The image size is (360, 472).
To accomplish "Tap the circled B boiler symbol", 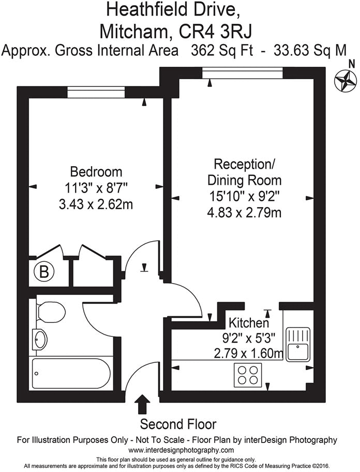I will pyautogui.click(x=44, y=271).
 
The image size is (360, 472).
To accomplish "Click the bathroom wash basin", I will pyautogui.click(x=40, y=339).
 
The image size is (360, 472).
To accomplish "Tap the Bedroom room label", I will pyautogui.click(x=96, y=171).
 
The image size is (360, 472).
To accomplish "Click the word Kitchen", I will pyautogui.click(x=249, y=323).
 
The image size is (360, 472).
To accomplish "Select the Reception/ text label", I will pyautogui.click(x=245, y=165).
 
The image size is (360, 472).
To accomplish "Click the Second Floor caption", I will pyautogui.click(x=178, y=424).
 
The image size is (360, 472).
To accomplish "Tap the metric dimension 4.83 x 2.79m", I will pyautogui.click(x=244, y=213).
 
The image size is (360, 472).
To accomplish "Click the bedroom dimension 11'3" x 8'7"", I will pyautogui.click(x=96, y=188).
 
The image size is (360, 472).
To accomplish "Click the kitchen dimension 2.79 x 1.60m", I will pyautogui.click(x=249, y=354).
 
